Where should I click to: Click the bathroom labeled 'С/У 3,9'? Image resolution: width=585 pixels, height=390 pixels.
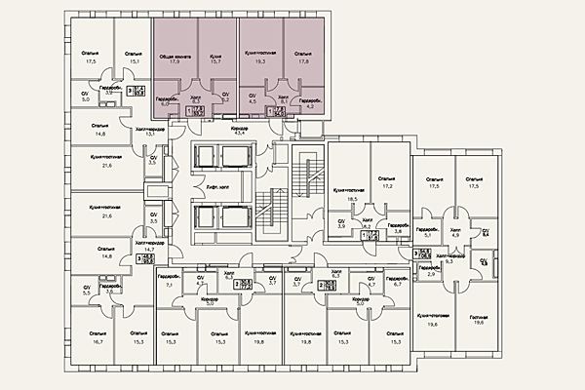point(342,224)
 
